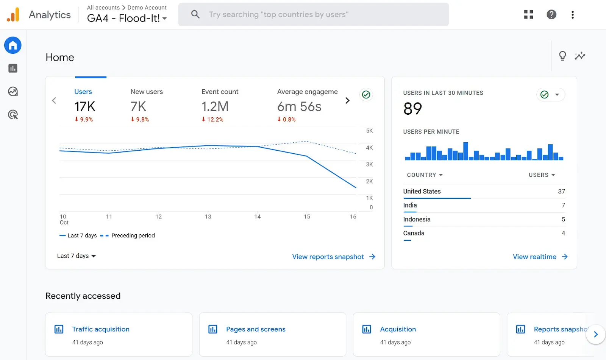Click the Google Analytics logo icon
pos(13,15)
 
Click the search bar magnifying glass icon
pos(195,14)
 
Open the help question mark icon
pos(551,14)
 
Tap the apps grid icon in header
pos(528,14)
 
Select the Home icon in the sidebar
pos(13,45)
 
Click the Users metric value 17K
pos(85,107)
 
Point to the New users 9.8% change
pos(140,119)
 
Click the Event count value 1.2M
pos(215,107)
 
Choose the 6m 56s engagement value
pos(299,107)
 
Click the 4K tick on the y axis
pos(369,148)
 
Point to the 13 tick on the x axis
pos(208,217)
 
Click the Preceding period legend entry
pos(133,235)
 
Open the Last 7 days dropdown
pos(77,256)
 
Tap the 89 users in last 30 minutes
pos(412,109)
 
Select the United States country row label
pos(422,192)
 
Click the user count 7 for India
pos(563,205)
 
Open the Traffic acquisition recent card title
pos(101,329)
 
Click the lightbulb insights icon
pos(562,56)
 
